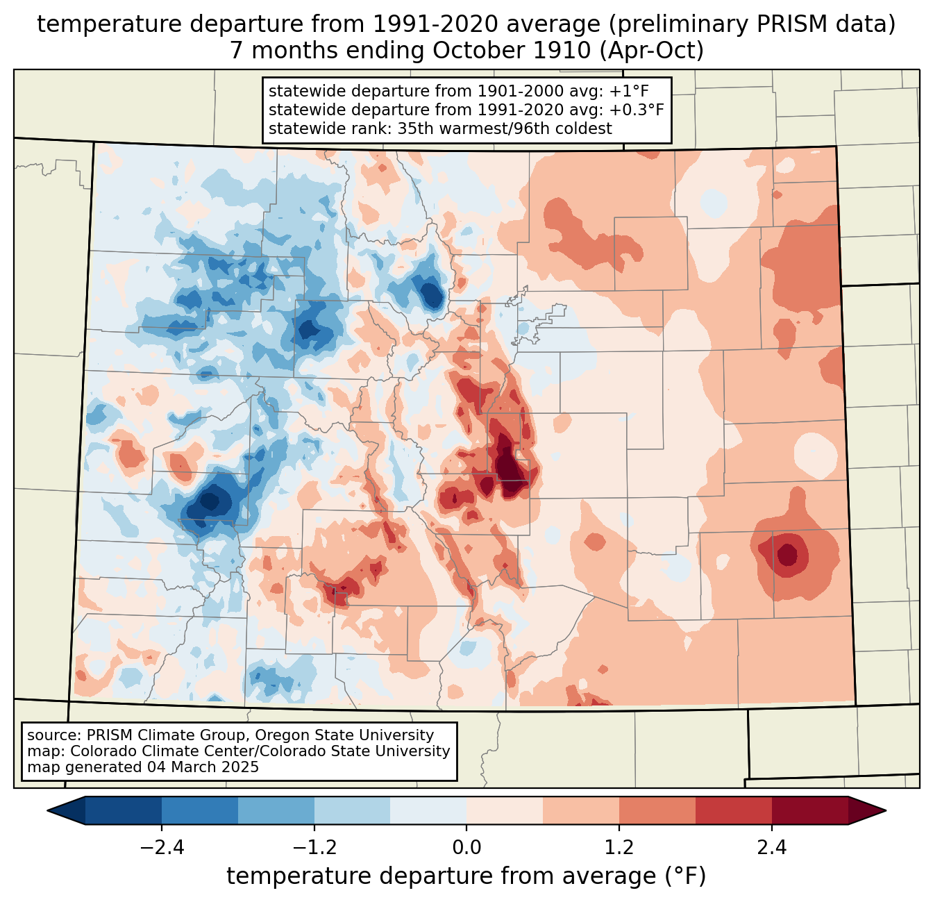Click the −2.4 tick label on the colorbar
tap(162, 848)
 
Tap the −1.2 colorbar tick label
tap(314, 848)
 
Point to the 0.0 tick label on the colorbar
tap(466, 848)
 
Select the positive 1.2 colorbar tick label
tap(619, 848)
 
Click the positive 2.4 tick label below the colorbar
tap(771, 848)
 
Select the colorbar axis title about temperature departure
tap(466, 876)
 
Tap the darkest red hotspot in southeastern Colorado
tap(788, 555)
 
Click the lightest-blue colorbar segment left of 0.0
tap(428, 810)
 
